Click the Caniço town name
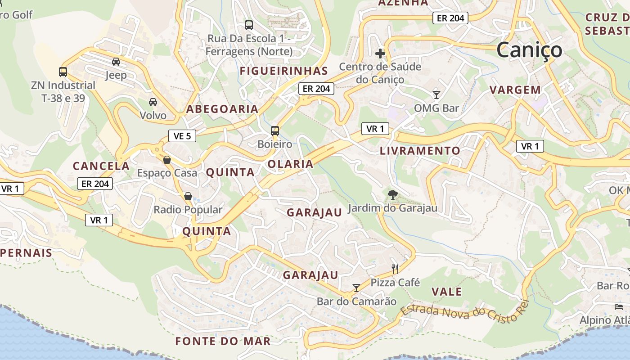pyautogui.click(x=529, y=49)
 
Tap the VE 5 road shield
pyautogui.click(x=182, y=135)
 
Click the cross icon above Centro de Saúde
pyautogui.click(x=380, y=54)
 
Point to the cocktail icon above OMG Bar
pyautogui.click(x=436, y=94)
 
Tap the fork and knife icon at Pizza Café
pyautogui.click(x=395, y=269)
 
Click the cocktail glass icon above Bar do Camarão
pyautogui.click(x=356, y=288)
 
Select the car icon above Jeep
pyautogui.click(x=116, y=62)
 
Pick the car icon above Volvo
pyautogui.click(x=153, y=102)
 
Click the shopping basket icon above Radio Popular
pyautogui.click(x=188, y=196)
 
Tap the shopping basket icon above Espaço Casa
pyautogui.click(x=167, y=159)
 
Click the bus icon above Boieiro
pyautogui.click(x=274, y=131)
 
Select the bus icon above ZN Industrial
pyautogui.click(x=63, y=72)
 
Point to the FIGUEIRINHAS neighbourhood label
pyautogui.click(x=283, y=71)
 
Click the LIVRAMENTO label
pyautogui.click(x=420, y=151)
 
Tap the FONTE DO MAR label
pyautogui.click(x=223, y=341)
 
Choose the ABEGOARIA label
pyautogui.click(x=222, y=109)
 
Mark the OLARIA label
pyautogui.click(x=290, y=164)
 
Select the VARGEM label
pyautogui.click(x=515, y=90)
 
